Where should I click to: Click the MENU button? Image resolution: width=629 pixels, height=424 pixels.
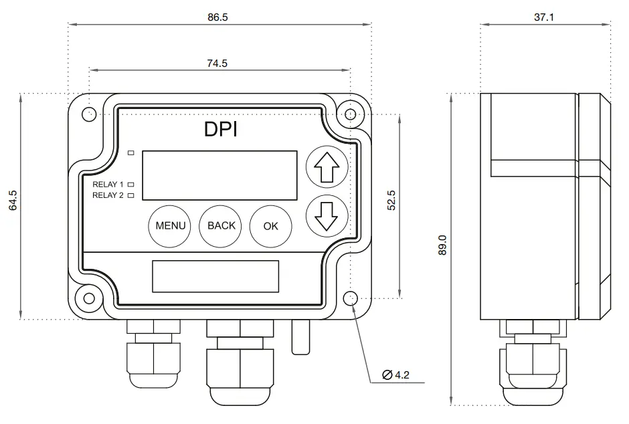click(x=170, y=225)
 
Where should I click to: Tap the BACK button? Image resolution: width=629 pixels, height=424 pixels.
click(x=221, y=225)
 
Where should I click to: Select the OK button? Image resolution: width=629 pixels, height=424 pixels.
click(x=270, y=225)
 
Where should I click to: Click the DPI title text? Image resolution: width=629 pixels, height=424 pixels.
click(x=220, y=130)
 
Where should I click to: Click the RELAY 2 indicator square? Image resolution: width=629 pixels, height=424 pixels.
click(x=131, y=195)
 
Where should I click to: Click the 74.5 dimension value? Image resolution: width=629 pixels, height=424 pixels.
click(x=217, y=64)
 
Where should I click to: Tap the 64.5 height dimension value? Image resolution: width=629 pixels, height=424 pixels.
click(x=13, y=201)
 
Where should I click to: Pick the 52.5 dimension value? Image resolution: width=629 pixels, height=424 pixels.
click(x=391, y=201)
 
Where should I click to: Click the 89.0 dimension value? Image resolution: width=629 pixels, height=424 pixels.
click(x=441, y=247)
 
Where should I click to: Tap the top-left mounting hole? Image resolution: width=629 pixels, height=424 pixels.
click(x=88, y=114)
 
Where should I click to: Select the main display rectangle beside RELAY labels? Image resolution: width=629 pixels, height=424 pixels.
click(x=220, y=175)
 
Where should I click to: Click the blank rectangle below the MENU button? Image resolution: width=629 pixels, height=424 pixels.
click(x=215, y=276)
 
